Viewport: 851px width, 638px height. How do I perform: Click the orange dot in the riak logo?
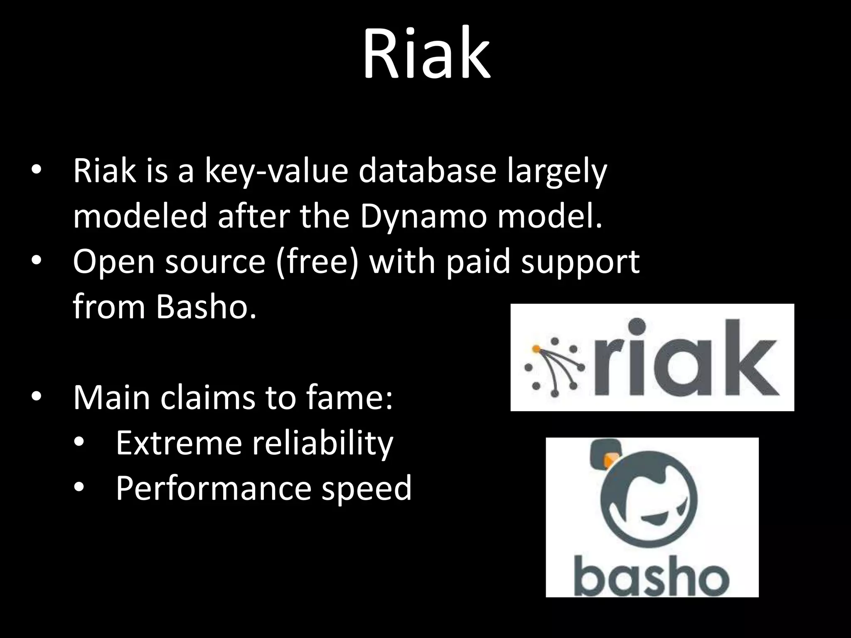[x=536, y=348]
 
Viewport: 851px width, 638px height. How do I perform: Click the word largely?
[x=557, y=172]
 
